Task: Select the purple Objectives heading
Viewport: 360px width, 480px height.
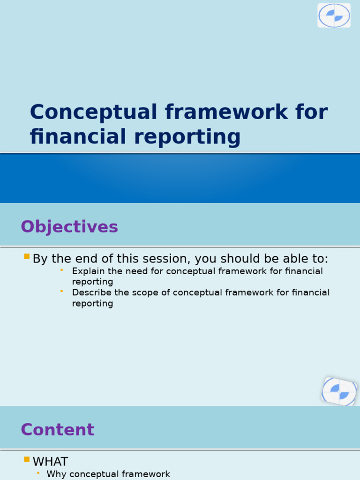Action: pos(69,227)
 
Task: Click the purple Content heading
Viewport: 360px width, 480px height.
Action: pos(57,430)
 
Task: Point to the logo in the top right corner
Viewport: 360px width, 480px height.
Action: pos(334,15)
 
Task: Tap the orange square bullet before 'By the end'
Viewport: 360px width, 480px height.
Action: pos(27,257)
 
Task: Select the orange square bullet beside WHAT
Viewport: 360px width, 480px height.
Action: pos(27,460)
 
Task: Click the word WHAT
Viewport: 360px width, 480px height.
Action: pos(50,462)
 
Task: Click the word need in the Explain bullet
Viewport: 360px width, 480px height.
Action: pos(139,271)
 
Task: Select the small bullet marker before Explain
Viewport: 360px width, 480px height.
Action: pos(61,270)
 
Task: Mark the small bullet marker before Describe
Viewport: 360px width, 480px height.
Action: pos(61,291)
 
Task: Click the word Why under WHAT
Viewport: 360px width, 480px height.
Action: pos(56,474)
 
